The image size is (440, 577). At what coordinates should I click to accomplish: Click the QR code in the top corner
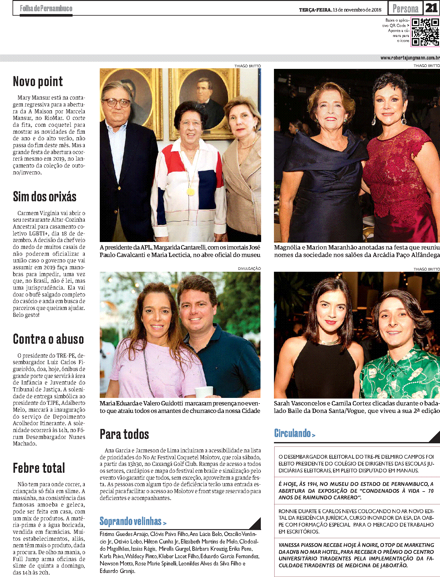[425, 32]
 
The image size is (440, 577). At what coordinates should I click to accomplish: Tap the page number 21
[431, 8]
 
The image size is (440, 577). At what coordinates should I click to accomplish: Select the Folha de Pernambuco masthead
[46, 8]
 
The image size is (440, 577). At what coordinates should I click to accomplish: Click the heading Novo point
[38, 82]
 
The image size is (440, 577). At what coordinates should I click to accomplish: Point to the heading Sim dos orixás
[45, 197]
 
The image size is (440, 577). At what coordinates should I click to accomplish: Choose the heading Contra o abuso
[48, 339]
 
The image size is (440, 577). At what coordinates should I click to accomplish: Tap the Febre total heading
[39, 468]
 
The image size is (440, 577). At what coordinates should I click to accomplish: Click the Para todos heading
[124, 434]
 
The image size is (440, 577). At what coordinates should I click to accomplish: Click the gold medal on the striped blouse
[190, 191]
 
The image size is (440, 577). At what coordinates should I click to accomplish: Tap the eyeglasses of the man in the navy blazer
[116, 103]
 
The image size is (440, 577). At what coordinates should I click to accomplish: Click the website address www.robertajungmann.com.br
[410, 58]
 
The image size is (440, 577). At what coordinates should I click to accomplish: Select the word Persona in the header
[405, 8]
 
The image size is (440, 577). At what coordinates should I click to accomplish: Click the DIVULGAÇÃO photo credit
[249, 269]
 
